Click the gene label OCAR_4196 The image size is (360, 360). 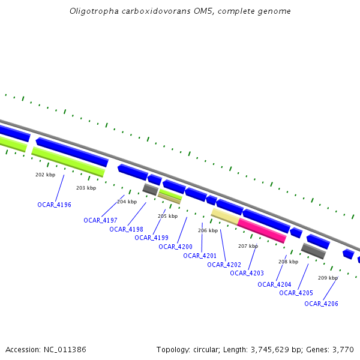(54, 205)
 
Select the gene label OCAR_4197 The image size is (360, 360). (100, 220)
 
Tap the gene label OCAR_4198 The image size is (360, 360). (126, 229)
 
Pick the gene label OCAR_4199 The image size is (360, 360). (151, 238)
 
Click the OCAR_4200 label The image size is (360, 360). (176, 247)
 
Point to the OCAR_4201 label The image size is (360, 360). (200, 256)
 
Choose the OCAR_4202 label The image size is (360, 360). (224, 265)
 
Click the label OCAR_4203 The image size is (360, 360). (247, 273)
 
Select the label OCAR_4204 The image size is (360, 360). (274, 284)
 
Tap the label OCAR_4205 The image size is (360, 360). (296, 293)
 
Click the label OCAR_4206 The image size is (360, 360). (321, 304)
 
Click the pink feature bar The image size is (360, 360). (262, 230)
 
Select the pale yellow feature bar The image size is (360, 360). (225, 216)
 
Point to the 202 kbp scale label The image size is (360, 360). (46, 175)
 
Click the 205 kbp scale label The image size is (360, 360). (167, 216)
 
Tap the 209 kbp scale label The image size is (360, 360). (328, 278)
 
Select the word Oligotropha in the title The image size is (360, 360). (90, 11)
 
